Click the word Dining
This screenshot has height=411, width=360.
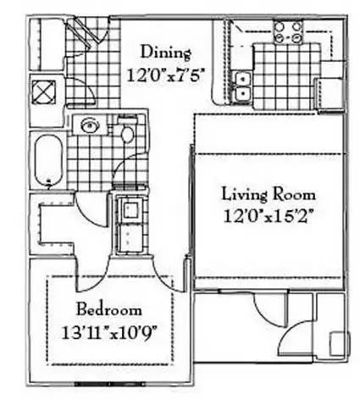point(166,53)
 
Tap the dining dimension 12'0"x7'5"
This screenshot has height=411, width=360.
point(165,75)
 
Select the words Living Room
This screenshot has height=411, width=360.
point(269,195)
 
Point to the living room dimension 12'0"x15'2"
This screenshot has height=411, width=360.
point(269,216)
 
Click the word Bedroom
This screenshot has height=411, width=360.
point(109,309)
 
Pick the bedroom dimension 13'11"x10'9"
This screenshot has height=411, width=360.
point(109,333)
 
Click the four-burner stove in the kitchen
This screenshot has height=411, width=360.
point(288,32)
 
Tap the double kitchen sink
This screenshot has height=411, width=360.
point(242,86)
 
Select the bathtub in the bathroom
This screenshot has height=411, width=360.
point(48,160)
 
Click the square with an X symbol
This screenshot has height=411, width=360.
point(44,92)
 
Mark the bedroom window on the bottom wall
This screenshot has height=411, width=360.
point(110,384)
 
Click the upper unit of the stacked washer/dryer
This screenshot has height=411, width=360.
point(131,209)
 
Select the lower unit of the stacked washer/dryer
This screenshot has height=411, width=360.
point(130,237)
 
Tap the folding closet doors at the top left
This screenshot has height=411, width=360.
point(82,31)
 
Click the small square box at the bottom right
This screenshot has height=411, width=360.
point(340,343)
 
